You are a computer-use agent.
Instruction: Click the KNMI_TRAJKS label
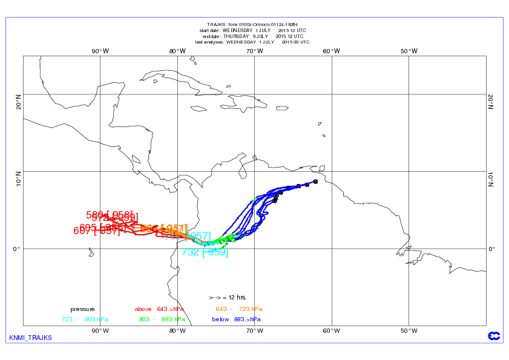[x=31, y=337]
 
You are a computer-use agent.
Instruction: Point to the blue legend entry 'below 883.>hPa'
[x=237, y=319]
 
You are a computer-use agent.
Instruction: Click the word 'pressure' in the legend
[x=82, y=309]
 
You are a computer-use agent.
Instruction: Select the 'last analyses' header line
[x=252, y=42]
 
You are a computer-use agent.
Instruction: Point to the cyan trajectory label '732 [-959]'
[x=205, y=252]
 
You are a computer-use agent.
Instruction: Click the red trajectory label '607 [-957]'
[x=97, y=231]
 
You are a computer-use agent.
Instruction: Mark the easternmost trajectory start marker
[x=316, y=182]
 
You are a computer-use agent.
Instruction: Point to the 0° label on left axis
[x=16, y=248]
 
